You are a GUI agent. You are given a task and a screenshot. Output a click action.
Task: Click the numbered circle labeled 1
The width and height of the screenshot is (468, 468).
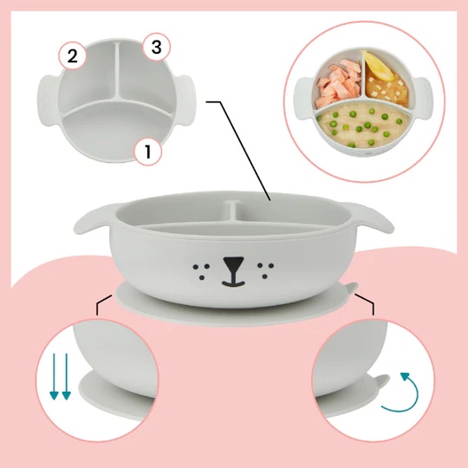pyautogui.click(x=148, y=152)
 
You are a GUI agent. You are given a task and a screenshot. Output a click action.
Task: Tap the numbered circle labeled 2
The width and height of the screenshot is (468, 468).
pyautogui.click(x=72, y=55)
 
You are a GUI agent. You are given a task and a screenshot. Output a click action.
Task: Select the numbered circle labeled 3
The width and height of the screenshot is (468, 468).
pyautogui.click(x=156, y=47)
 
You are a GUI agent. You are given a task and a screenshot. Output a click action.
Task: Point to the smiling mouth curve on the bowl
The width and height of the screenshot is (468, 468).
pyautogui.click(x=233, y=283)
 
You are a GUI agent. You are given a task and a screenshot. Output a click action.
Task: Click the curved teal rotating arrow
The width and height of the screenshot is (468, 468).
pyautogui.click(x=400, y=393)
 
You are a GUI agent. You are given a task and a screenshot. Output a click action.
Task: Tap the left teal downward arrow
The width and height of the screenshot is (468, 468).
pyautogui.click(x=54, y=377)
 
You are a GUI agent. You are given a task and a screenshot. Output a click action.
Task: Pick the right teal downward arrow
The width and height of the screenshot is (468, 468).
pyautogui.click(x=66, y=377)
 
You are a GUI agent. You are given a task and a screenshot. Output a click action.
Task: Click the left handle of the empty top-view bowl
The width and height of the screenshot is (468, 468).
pyautogui.click(x=49, y=100)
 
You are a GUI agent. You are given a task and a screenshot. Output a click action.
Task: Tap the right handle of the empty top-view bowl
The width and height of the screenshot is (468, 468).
pyautogui.click(x=186, y=100)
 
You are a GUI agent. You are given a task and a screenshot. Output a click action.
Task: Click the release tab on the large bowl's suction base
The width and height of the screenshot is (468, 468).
pyautogui.click(x=351, y=288)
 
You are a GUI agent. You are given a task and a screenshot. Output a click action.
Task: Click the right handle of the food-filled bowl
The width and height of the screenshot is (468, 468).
pyautogui.click(x=423, y=98)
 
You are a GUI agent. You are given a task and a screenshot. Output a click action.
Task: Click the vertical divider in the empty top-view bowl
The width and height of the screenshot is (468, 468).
pyautogui.click(x=118, y=71)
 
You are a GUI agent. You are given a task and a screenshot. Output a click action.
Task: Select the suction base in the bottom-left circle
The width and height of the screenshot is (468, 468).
pyautogui.click(x=116, y=394)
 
